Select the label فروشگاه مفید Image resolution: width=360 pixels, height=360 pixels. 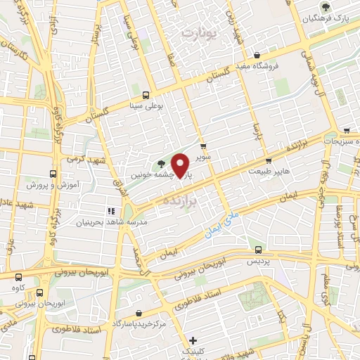coord(276,66)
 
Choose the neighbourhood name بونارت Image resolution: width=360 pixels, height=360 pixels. coord(200,32)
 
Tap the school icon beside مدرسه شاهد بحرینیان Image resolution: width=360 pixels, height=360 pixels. coord(110,211)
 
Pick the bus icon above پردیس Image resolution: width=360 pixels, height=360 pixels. coord(259,249)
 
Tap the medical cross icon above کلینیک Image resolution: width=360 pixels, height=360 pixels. coord(193,340)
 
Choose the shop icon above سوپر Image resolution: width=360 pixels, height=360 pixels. coord(204,147)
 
